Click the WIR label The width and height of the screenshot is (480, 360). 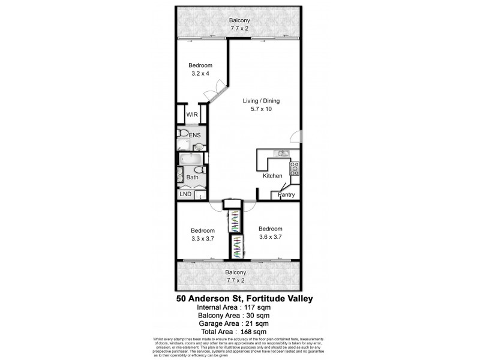click(x=192, y=114)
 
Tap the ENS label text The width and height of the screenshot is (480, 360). click(x=196, y=136)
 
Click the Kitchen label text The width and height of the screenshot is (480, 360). click(x=272, y=176)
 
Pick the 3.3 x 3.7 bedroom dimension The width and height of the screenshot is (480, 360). click(x=203, y=239)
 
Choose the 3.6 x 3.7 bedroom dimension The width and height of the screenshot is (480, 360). click(x=271, y=236)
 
